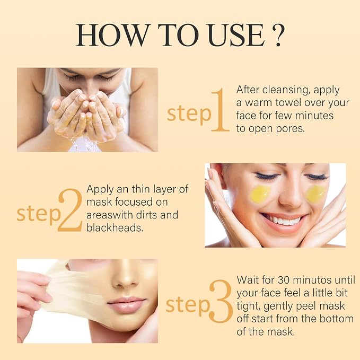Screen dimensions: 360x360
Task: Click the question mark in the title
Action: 278,34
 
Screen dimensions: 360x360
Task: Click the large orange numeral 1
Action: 221,110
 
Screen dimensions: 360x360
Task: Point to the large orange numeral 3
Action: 221,301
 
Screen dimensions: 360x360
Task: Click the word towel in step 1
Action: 288,103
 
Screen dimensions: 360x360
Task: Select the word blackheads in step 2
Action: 115,228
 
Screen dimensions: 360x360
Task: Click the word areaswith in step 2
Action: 110,215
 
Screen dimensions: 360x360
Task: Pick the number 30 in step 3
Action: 284,279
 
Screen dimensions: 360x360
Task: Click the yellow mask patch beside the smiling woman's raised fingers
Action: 260,194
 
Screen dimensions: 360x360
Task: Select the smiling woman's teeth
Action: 283,221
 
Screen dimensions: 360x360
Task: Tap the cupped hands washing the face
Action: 87,115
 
